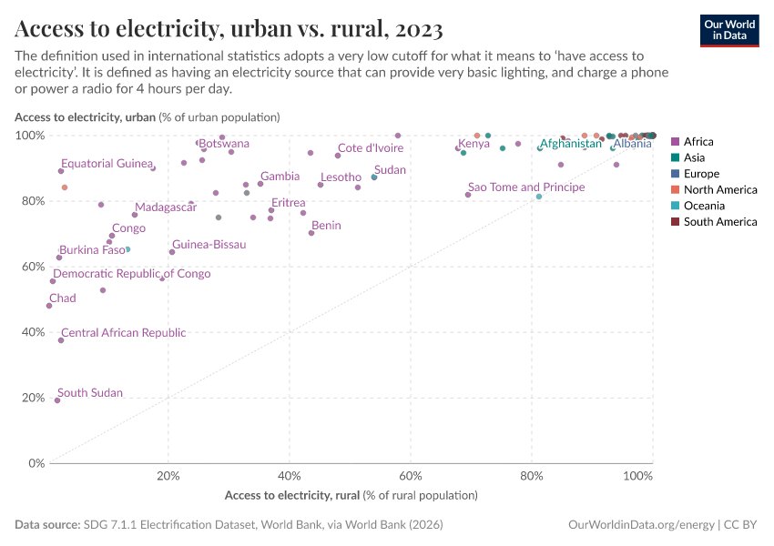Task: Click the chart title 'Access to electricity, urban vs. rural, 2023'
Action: point(229,29)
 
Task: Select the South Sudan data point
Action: point(57,400)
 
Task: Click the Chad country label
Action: point(63,298)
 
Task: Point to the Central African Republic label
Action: point(123,333)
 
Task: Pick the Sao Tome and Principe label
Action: point(526,187)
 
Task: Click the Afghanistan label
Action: point(571,144)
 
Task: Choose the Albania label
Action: point(632,144)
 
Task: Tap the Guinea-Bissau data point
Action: point(172,252)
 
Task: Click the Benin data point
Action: point(311,233)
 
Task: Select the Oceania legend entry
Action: point(705,206)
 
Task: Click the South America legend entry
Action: point(719,222)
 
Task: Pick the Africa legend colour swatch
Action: point(675,142)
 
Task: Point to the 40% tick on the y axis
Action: point(34,332)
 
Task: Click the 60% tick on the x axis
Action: point(411,476)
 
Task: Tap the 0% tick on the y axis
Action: point(37,463)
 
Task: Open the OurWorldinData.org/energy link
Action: point(640,525)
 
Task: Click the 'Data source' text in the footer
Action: point(47,525)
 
